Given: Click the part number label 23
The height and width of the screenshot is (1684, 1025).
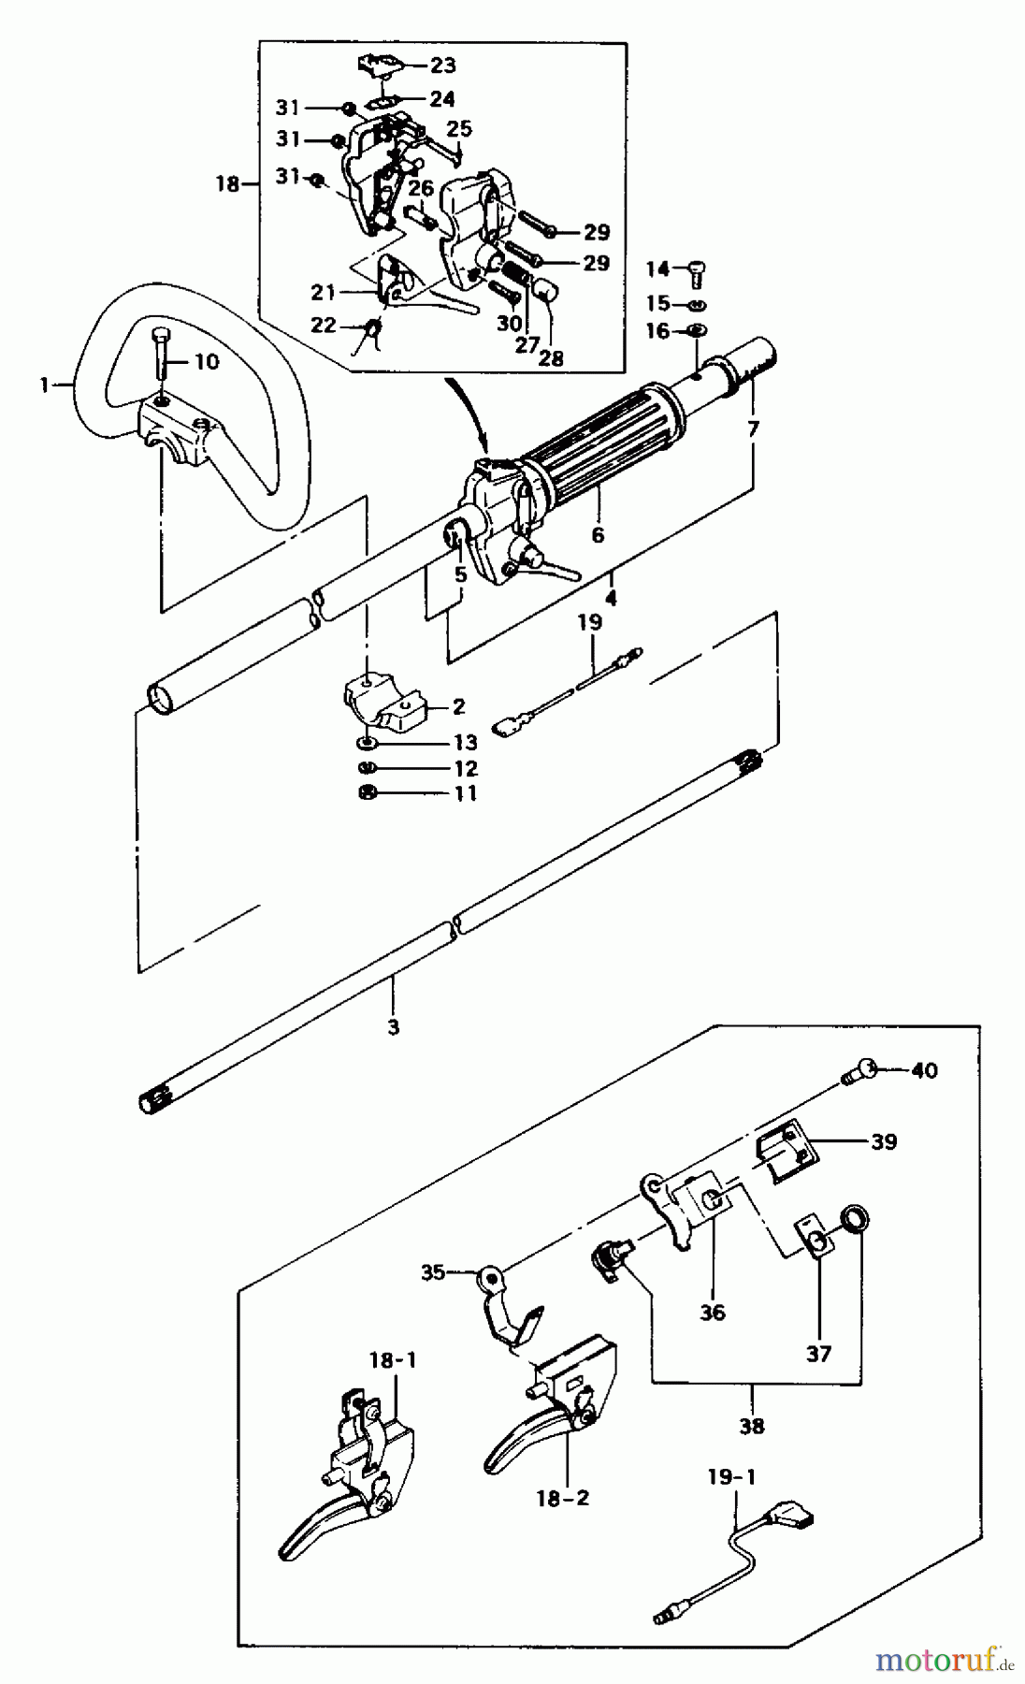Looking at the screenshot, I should click(442, 65).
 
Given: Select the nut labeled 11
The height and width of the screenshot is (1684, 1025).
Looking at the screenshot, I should click(368, 793).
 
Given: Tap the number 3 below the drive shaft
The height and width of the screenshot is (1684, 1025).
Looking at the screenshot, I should click(393, 1026).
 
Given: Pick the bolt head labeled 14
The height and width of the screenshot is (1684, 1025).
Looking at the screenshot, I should click(696, 270).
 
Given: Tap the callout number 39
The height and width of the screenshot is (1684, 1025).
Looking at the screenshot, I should click(883, 1141).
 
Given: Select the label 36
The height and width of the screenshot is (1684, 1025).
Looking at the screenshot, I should click(712, 1313).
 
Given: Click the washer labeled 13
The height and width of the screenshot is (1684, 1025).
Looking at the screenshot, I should click(368, 743).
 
